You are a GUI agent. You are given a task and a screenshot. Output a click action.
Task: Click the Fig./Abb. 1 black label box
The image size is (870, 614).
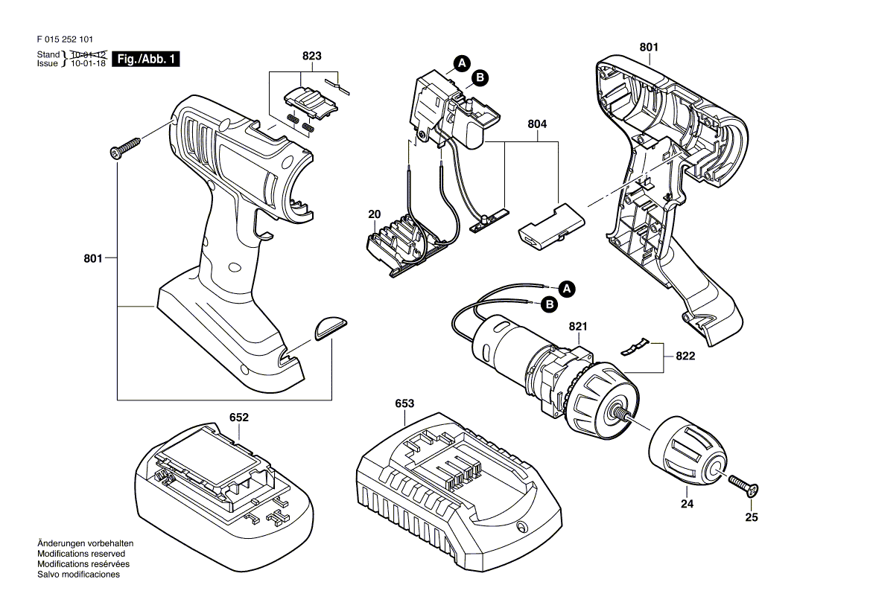click(146, 60)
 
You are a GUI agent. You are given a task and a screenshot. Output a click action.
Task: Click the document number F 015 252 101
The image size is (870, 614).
click(65, 39)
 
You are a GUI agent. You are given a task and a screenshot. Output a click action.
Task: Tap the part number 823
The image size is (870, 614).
click(312, 56)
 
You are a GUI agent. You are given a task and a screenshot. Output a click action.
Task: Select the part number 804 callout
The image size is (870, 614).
click(537, 124)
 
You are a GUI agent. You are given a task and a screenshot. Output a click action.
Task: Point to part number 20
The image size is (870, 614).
click(375, 214)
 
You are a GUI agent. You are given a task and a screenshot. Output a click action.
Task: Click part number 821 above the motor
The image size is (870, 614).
click(578, 327)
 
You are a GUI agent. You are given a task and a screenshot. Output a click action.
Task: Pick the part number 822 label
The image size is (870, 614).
click(685, 356)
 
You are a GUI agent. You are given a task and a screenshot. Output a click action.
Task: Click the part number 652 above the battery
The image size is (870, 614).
click(239, 418)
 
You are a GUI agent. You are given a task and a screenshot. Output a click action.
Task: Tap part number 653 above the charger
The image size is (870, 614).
click(404, 403)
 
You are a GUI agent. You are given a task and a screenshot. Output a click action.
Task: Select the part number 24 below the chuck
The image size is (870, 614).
click(687, 504)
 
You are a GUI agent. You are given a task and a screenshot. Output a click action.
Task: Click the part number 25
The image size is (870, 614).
click(752, 517)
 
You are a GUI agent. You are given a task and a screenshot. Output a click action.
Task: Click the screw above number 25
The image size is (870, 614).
click(743, 485)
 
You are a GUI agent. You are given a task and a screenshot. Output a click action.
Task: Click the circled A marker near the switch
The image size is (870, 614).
click(462, 63)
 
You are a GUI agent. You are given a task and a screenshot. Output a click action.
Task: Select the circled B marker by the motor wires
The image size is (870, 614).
click(549, 304)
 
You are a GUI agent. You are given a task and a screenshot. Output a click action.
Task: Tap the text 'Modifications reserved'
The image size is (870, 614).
click(81, 554)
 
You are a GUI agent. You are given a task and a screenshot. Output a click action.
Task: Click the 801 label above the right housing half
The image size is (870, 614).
click(649, 47)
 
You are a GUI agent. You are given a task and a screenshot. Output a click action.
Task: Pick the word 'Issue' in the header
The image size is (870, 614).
click(47, 63)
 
